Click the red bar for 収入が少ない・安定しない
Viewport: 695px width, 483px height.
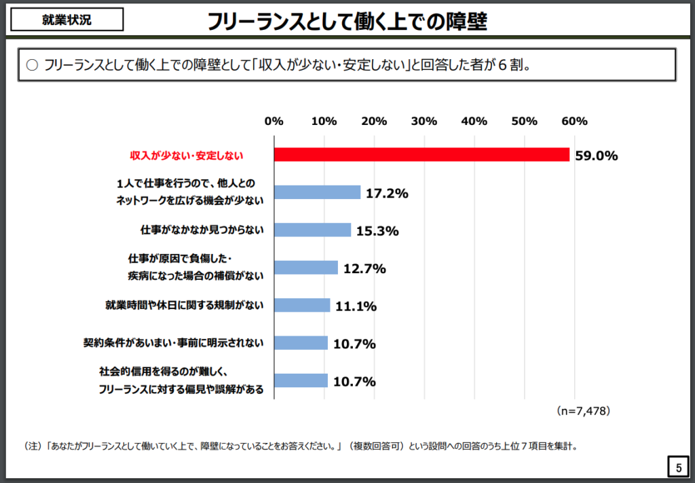[x=421, y=155]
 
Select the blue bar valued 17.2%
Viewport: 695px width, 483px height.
[x=317, y=192]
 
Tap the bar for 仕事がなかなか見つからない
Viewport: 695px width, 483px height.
[x=312, y=230]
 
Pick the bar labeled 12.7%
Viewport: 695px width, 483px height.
[x=305, y=268]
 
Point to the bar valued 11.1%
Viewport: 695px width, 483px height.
[x=302, y=305]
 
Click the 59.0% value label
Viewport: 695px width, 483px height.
[x=596, y=156]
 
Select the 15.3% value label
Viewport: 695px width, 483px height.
[x=377, y=231]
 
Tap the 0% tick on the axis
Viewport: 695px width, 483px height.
[x=274, y=121]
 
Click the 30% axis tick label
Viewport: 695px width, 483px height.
[x=424, y=121]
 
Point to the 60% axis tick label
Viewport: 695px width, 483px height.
[x=574, y=121]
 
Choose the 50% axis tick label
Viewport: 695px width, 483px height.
[x=524, y=121]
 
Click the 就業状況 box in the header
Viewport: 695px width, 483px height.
[x=67, y=20]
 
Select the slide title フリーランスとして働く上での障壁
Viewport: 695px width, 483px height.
[x=347, y=22]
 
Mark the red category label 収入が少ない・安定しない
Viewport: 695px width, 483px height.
[x=187, y=156]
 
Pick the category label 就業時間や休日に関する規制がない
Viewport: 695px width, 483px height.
[x=184, y=306]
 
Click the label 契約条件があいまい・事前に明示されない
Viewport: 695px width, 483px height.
[x=173, y=343]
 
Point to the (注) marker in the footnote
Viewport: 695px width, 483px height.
[x=33, y=446]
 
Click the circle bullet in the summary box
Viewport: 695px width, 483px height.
[x=31, y=66]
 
